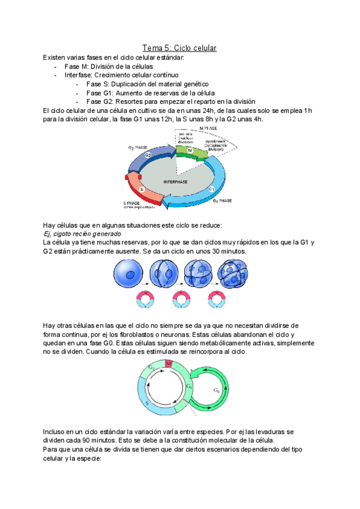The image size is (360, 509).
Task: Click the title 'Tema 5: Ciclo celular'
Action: pos(179,47)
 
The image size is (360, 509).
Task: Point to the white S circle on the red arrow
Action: pos(142,190)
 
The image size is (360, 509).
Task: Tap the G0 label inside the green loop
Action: pos(216,390)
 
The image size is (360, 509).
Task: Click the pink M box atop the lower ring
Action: pos(169,366)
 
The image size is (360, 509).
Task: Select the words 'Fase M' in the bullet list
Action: pos(74,66)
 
